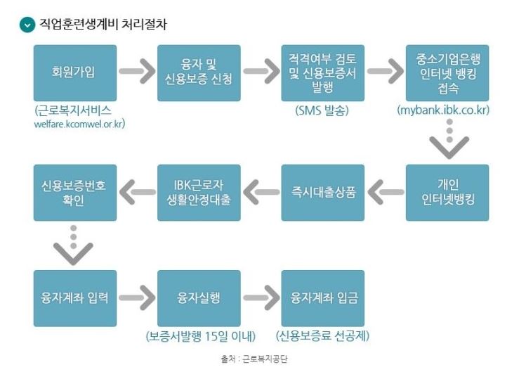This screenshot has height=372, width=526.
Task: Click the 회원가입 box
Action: [x=74, y=73]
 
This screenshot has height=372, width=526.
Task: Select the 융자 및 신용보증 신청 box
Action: [x=199, y=73]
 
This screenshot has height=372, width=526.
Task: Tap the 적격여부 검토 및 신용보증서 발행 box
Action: [x=323, y=73]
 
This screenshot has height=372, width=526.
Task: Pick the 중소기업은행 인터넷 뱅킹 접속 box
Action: [x=447, y=73]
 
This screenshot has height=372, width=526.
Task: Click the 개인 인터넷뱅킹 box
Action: [x=447, y=192]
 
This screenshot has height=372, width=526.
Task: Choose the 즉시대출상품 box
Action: [x=323, y=192]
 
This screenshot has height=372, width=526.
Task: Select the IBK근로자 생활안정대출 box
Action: [x=199, y=192]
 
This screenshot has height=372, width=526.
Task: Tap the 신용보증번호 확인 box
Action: [x=74, y=192]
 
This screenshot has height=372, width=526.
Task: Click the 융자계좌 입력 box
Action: [x=74, y=297]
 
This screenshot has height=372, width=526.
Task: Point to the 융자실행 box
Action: [x=199, y=297]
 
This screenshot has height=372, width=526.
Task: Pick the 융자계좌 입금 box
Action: [x=323, y=297]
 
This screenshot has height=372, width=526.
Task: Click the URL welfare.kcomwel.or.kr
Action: [x=74, y=124]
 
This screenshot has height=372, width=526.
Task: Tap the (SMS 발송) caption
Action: [x=323, y=110]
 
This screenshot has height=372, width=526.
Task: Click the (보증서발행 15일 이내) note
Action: [x=201, y=335]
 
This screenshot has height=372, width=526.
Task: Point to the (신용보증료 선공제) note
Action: [x=323, y=335]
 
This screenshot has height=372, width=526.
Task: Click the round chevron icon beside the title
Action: [x=27, y=25]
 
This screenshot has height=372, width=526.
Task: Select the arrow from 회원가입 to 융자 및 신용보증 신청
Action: [x=136, y=72]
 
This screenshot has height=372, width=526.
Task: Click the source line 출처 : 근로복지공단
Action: [x=254, y=359]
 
